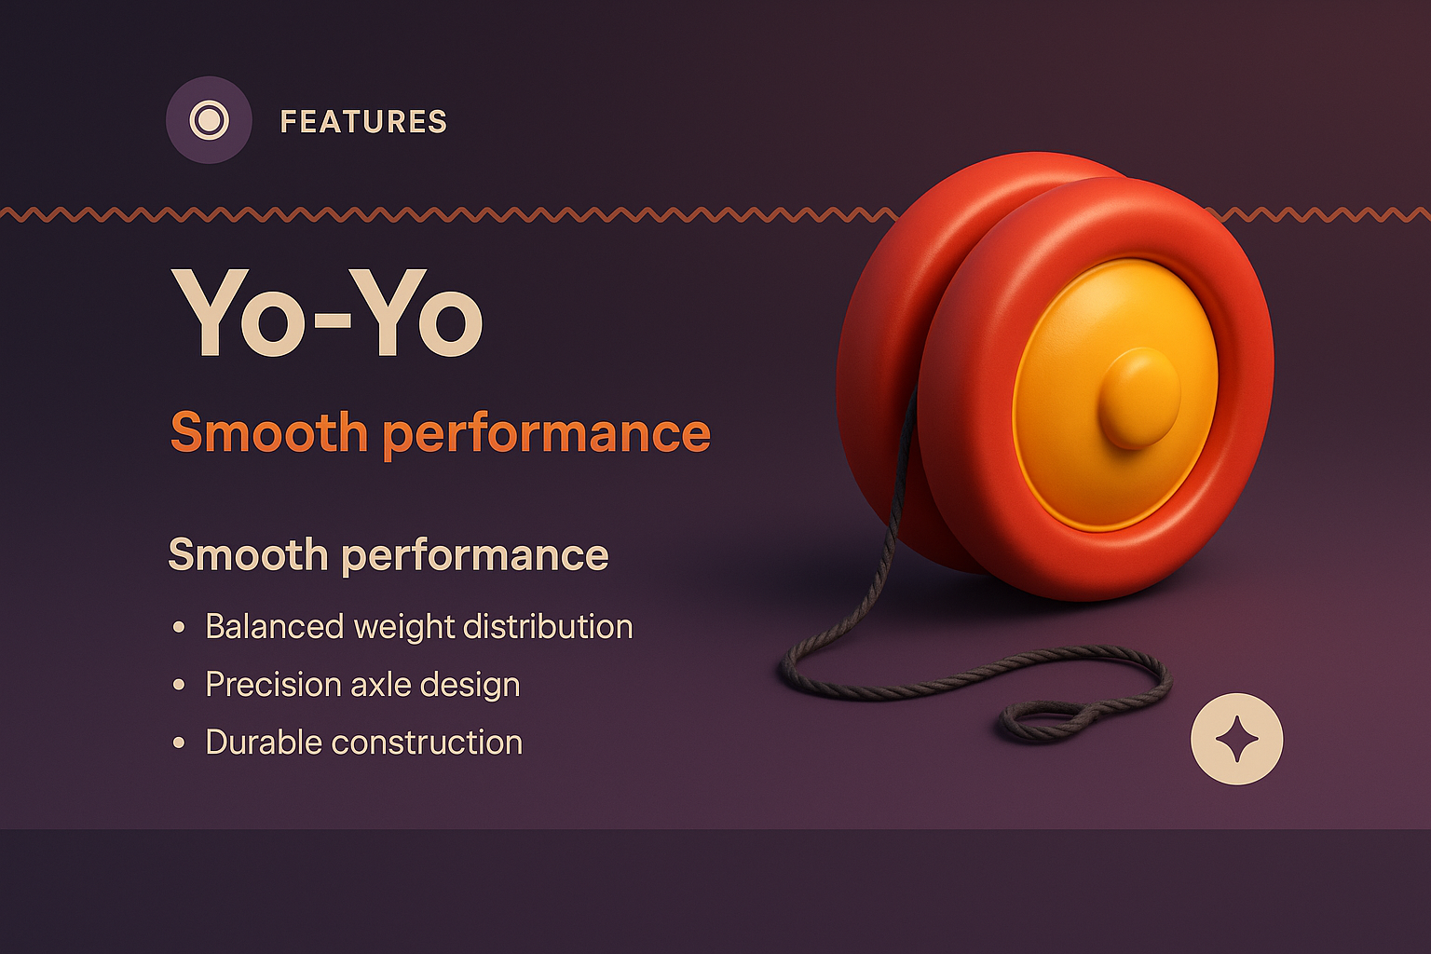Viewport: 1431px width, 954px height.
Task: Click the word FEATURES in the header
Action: (363, 122)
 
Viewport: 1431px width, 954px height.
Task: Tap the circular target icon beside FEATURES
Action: (209, 120)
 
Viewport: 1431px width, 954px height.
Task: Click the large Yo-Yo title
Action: (327, 314)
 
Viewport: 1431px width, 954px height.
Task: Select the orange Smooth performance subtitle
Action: (440, 433)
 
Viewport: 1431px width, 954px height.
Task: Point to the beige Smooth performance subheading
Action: (388, 555)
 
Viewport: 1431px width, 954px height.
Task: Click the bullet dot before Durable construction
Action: (179, 743)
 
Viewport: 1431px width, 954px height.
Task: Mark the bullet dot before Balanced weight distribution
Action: (179, 627)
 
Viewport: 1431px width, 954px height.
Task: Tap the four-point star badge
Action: (1236, 739)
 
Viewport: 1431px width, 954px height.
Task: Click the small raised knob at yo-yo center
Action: (1138, 398)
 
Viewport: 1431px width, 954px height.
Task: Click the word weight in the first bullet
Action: (403, 627)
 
